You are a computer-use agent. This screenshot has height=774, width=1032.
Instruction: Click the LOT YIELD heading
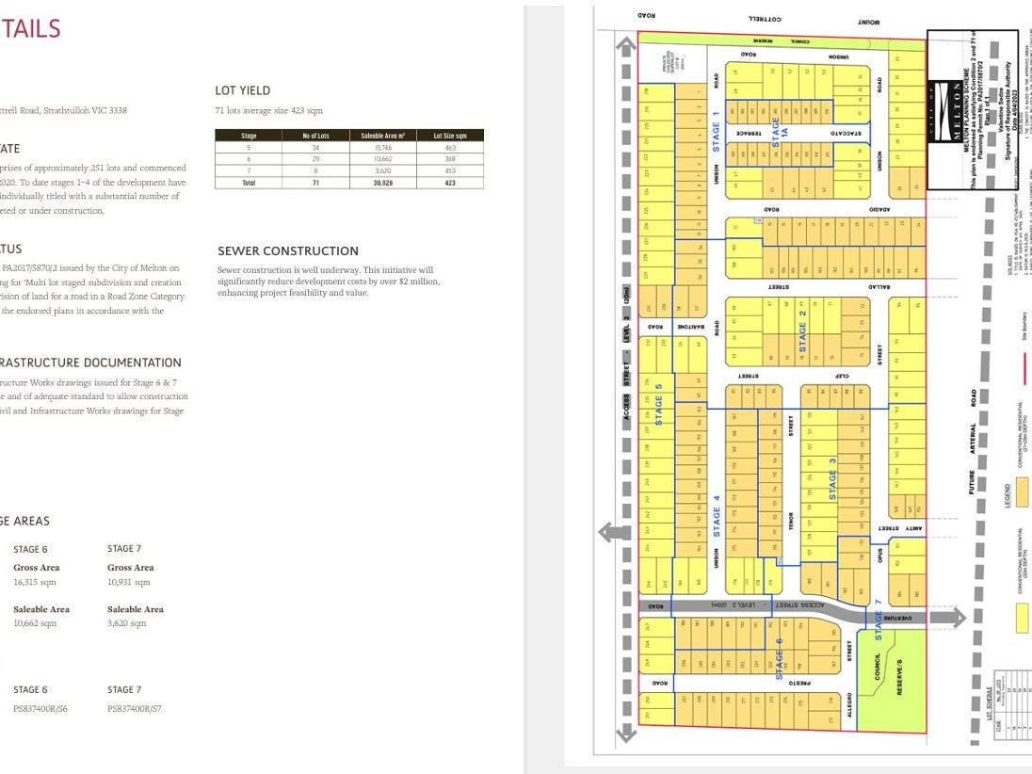pyautogui.click(x=242, y=90)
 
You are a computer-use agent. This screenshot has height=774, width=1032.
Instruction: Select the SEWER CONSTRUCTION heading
pyautogui.click(x=288, y=251)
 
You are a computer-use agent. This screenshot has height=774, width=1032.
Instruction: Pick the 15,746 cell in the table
pyautogui.click(x=381, y=148)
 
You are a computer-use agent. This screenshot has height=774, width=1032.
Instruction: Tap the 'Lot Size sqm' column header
pyautogui.click(x=450, y=137)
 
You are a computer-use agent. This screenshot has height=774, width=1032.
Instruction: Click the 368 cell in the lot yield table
pyautogui.click(x=450, y=159)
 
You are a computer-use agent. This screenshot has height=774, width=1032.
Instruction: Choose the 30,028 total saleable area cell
pyautogui.click(x=381, y=183)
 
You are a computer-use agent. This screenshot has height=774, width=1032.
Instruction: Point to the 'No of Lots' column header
pyautogui.click(x=315, y=137)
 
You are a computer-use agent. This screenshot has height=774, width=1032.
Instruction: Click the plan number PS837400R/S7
pyautogui.click(x=134, y=709)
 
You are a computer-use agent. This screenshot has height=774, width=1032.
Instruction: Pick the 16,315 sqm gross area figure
pyautogui.click(x=36, y=583)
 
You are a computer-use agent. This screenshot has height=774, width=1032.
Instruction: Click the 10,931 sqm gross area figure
pyautogui.click(x=130, y=583)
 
